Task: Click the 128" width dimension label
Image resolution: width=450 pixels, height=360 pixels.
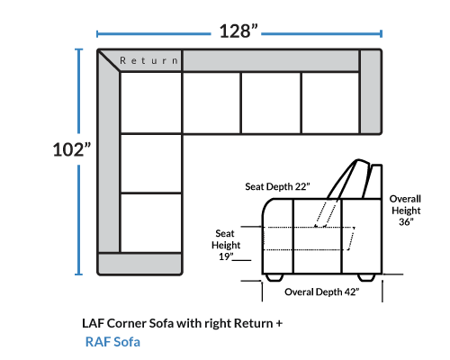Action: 238,31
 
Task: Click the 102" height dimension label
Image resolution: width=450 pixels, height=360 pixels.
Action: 72,149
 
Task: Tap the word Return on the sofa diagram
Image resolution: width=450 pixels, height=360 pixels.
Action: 149,60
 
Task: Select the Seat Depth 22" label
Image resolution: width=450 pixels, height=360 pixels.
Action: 277,186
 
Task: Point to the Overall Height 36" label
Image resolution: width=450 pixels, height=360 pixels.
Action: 405,211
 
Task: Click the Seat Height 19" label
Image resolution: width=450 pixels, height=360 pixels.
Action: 226,245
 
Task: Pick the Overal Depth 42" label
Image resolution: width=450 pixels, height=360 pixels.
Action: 322,292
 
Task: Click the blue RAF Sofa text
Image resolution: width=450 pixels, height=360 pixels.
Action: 112,342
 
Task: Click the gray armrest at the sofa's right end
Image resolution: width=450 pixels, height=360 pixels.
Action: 371,91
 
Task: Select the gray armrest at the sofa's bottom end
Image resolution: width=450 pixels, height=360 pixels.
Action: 140,264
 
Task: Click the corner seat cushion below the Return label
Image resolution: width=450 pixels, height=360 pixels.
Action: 151,103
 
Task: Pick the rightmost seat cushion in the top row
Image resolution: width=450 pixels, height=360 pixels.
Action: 330,103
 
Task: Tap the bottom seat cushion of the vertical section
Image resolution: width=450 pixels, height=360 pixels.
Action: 151,223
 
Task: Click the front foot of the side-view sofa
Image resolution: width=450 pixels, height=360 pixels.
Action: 274,277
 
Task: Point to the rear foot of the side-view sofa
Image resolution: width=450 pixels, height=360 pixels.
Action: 366,277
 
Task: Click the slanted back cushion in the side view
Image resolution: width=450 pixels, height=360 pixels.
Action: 349,179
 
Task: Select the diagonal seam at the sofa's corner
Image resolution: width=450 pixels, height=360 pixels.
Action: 109,61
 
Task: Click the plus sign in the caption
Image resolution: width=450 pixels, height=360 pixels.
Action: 279,324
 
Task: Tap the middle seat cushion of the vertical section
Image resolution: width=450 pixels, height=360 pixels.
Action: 151,163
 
